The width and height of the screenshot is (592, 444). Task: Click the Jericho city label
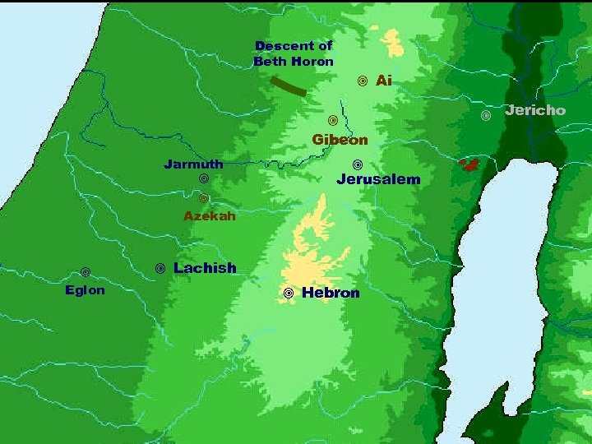535,110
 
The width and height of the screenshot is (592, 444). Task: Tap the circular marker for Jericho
486,115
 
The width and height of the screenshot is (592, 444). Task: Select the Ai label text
383,81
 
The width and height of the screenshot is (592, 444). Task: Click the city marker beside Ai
362,81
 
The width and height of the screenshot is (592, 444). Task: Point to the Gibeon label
340,140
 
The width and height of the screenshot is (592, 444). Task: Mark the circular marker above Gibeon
333,121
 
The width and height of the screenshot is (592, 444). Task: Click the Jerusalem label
378,179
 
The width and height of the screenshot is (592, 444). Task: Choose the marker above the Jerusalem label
358,164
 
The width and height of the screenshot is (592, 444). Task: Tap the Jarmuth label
193,164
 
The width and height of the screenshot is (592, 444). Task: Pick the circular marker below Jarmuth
203,178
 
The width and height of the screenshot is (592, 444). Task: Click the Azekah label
210,217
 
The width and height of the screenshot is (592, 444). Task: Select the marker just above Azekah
204,198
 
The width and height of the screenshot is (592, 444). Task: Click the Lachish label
205,268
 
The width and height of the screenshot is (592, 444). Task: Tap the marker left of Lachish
160,269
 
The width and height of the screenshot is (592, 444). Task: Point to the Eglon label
85,290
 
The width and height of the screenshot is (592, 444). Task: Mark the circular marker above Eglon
86,272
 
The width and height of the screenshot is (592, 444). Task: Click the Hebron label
331,293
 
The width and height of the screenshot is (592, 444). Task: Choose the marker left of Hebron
289,294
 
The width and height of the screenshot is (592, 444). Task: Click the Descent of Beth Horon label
294,53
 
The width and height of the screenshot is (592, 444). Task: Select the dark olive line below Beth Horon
289,86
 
